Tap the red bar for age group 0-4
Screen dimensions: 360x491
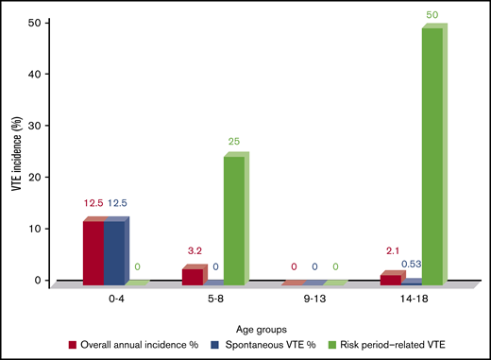pyautogui.click(x=93, y=251)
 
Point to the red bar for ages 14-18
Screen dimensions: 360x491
pyautogui.click(x=385, y=278)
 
